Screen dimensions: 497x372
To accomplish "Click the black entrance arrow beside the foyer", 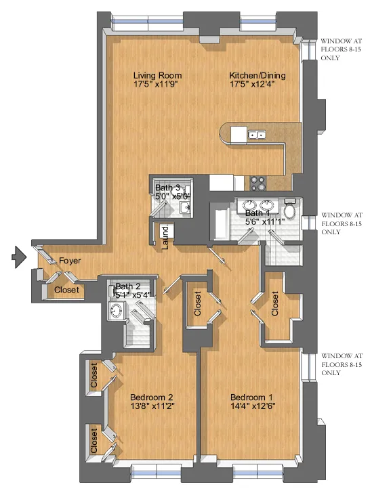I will point(18,257).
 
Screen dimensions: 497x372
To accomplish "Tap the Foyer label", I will point(70,260).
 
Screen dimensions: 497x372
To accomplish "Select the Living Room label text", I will point(157,75).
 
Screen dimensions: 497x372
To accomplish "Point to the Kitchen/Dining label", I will point(257,75).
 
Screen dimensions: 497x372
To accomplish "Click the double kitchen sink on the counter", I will point(256,135).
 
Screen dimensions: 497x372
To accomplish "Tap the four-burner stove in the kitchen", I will point(259,181).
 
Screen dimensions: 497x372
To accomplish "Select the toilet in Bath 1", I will point(290,210).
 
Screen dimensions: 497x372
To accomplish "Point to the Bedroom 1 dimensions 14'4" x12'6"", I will point(252,407).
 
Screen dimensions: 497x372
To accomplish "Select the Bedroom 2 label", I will point(152,397).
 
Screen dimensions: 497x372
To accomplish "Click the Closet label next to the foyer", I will point(66,290).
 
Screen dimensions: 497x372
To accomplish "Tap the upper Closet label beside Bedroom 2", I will point(94,376).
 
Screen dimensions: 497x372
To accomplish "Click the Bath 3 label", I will point(168,188).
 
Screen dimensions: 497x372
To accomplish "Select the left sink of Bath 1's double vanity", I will point(249,206).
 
